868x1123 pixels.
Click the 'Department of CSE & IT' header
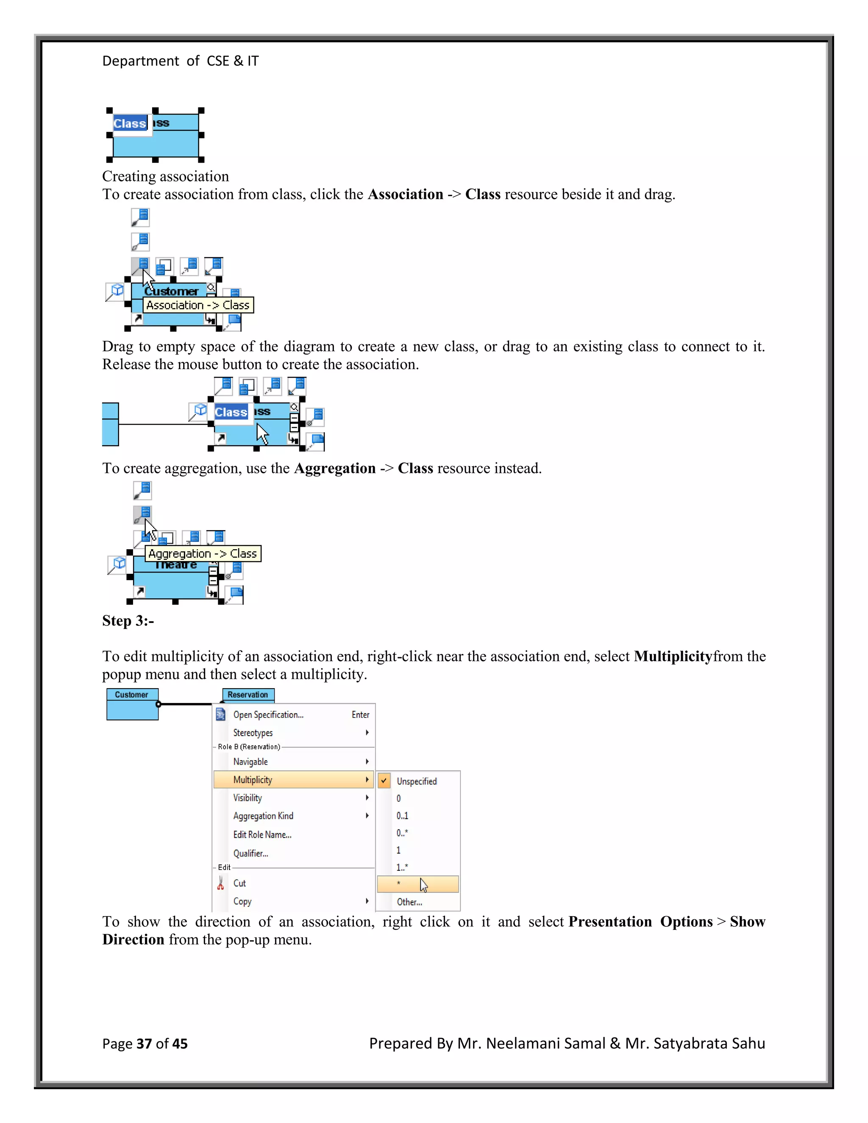click(180, 61)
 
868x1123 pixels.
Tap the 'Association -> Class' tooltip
click(198, 306)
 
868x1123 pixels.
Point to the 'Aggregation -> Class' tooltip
click(203, 554)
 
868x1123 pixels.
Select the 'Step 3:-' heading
click(128, 621)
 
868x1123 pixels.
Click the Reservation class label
click(248, 695)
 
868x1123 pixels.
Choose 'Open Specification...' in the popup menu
click(268, 715)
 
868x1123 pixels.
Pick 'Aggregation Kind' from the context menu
click(263, 816)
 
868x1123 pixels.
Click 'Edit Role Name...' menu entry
click(262, 834)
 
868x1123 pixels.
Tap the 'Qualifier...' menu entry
click(251, 853)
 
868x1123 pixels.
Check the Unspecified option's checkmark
click(384, 781)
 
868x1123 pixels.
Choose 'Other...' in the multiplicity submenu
click(409, 902)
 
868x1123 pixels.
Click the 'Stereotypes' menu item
click(253, 733)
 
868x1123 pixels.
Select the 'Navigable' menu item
click(250, 762)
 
